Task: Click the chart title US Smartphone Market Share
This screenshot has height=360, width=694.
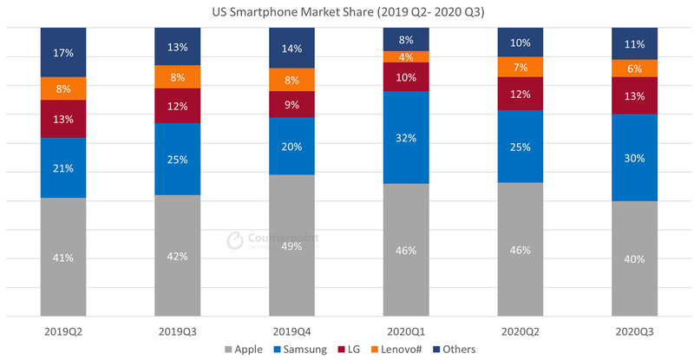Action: coord(347,12)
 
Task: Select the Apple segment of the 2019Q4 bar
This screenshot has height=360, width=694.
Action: coord(291,245)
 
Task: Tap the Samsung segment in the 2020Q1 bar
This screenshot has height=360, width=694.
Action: coord(406,137)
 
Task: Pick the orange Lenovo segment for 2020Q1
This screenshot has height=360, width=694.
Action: coord(406,57)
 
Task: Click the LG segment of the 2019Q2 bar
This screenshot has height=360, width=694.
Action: coord(63,119)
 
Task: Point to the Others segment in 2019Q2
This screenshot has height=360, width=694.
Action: coord(63,52)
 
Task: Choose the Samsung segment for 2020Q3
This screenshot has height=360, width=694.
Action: coord(634,158)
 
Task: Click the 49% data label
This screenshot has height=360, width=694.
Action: coord(291,245)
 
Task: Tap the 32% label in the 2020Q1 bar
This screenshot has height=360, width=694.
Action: coord(406,137)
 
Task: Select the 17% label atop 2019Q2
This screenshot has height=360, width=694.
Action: coord(63,52)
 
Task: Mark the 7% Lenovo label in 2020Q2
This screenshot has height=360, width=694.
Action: coord(520,67)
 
